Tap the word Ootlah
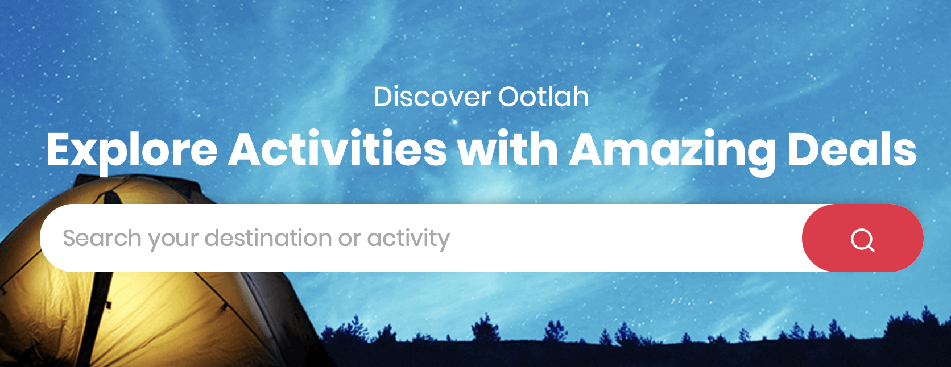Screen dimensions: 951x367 tap(544, 97)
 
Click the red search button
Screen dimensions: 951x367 tap(863, 238)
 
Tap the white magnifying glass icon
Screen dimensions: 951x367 tap(863, 240)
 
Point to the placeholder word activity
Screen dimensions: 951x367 tap(408, 239)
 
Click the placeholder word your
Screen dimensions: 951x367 tap(173, 240)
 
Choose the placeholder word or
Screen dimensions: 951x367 tap(349, 240)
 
